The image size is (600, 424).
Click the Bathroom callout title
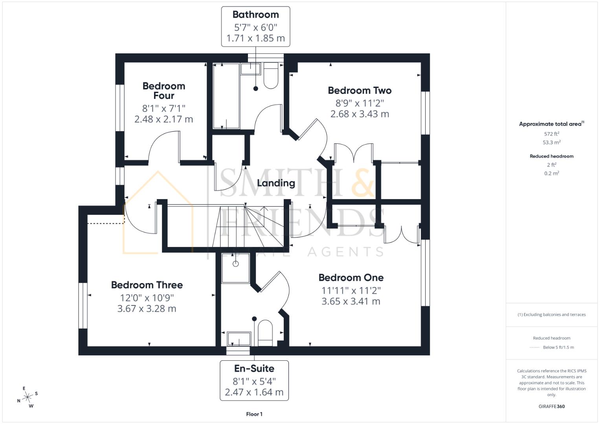(x=255, y=15)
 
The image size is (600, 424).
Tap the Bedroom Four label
(x=163, y=91)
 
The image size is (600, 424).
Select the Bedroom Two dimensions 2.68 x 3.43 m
(x=360, y=114)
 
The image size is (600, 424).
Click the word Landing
(x=276, y=183)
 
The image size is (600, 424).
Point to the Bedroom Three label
(x=147, y=285)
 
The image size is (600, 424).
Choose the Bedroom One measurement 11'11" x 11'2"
(x=351, y=291)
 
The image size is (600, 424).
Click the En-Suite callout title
(x=254, y=369)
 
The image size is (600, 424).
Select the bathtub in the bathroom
(x=226, y=96)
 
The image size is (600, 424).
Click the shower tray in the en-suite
(x=235, y=268)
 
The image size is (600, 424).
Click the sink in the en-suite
(x=239, y=339)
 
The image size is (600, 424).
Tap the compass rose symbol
(x=28, y=397)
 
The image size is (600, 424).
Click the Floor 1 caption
(x=254, y=414)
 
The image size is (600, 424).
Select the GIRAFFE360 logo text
(x=551, y=406)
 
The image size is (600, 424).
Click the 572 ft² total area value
(x=551, y=134)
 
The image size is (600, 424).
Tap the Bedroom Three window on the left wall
(x=83, y=305)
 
